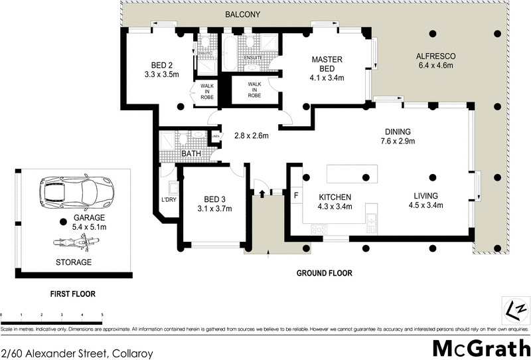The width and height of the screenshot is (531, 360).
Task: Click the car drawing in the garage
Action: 74,193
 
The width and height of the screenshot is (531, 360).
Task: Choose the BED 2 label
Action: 161,64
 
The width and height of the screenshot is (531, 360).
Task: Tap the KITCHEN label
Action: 335,197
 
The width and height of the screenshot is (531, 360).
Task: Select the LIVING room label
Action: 425,196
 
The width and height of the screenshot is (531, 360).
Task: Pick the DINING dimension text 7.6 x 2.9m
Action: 398,141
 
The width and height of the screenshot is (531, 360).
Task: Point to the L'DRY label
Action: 168,200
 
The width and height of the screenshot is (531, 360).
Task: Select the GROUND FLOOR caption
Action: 324,273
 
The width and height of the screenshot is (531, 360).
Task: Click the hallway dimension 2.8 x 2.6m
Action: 251,136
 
